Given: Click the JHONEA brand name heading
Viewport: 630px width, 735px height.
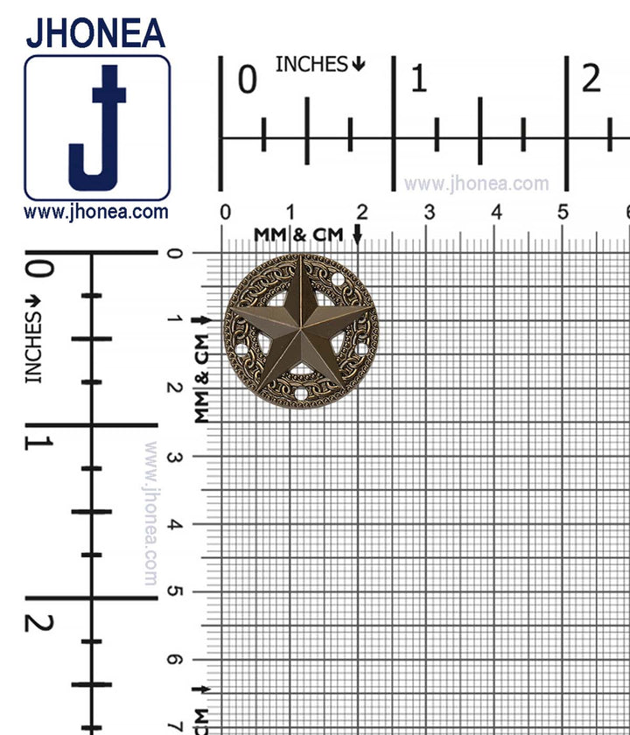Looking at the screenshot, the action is coord(95,33).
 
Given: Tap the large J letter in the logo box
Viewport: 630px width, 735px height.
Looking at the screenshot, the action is coord(97,128).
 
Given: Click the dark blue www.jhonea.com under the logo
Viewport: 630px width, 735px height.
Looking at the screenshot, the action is coord(96,212).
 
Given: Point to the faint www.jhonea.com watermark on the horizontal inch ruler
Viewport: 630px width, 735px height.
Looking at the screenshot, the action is coord(476,183).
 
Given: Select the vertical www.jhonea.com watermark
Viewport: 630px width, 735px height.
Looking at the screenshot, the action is coord(150,514).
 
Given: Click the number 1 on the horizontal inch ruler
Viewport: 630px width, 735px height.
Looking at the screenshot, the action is coord(418,79).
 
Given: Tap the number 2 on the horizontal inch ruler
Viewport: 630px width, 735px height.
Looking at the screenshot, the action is coord(591,79).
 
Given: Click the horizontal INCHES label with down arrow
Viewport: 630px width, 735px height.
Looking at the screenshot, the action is coord(320,64).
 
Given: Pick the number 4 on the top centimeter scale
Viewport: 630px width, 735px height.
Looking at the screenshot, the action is coord(496,213).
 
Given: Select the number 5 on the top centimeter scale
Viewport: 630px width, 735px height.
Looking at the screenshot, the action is coord(563,213).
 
